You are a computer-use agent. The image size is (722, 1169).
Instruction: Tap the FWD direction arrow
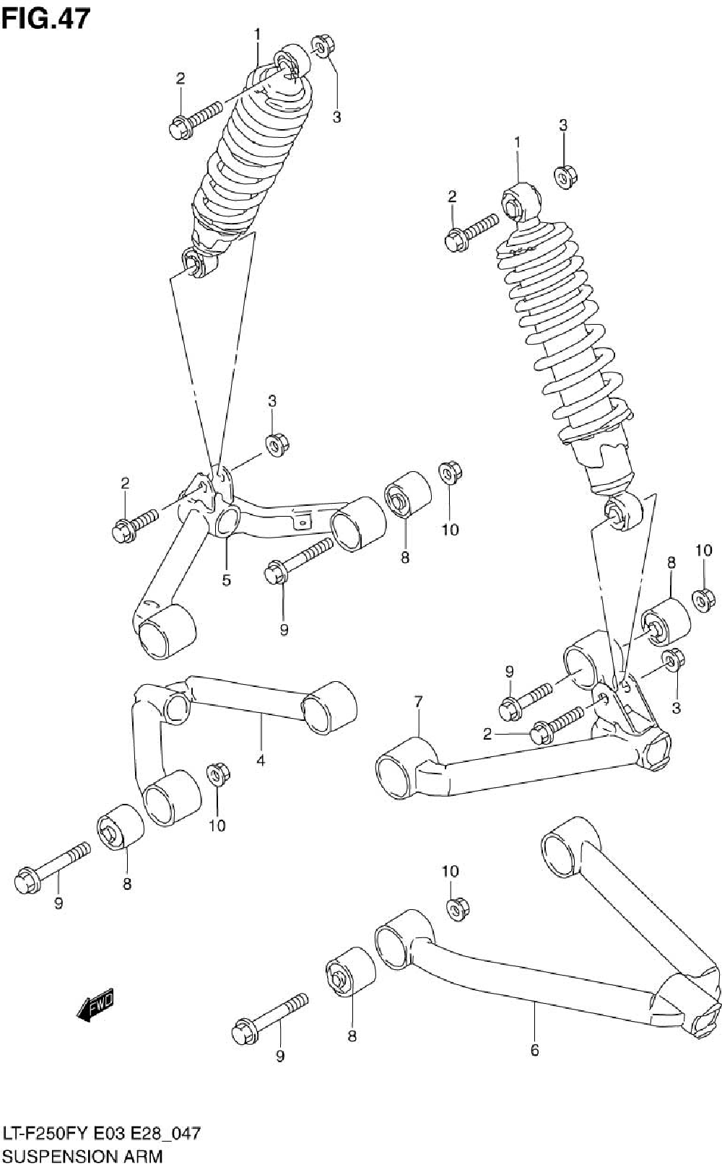point(95,1004)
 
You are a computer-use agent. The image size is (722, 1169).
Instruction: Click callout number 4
point(260,760)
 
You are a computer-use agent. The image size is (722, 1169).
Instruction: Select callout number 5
point(226,580)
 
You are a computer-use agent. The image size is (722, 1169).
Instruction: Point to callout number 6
point(534,1051)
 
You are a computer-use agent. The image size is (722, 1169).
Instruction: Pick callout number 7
point(418,701)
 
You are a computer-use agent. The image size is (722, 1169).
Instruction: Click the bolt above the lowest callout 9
point(269,1018)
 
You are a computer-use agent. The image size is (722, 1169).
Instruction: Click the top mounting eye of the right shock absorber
point(520,201)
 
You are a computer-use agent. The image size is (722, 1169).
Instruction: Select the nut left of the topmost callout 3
point(322,45)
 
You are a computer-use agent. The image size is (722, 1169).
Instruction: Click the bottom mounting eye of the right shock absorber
point(623,511)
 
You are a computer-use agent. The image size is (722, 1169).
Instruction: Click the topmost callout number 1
point(256,33)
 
